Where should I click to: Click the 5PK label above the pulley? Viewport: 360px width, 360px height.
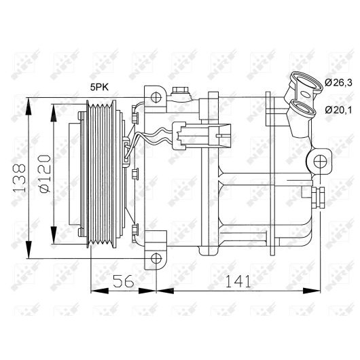(x=99, y=87)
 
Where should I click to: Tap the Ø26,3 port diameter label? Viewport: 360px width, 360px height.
(x=338, y=82)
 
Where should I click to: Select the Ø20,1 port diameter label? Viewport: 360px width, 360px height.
(x=338, y=110)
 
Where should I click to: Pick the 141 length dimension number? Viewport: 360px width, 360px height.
(x=238, y=281)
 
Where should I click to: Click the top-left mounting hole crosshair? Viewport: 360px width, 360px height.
(x=156, y=97)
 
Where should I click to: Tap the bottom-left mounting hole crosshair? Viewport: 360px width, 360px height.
(x=156, y=259)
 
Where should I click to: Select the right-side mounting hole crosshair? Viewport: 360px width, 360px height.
(x=320, y=162)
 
